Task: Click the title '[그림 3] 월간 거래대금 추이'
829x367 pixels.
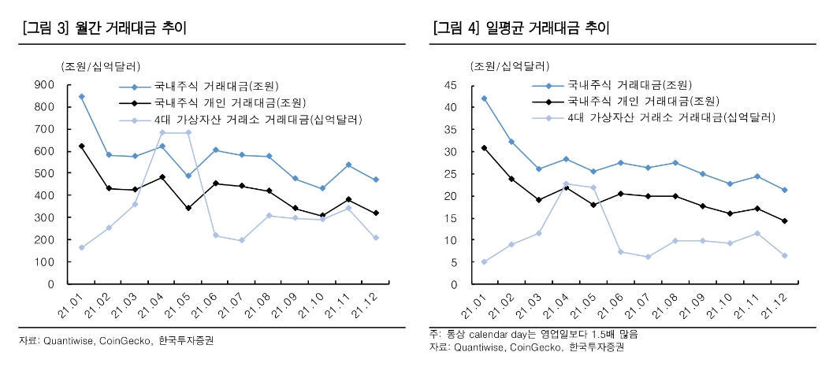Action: point(106,29)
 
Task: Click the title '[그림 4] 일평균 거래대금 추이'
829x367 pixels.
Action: point(522,29)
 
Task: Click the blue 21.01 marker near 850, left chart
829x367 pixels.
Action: point(81,96)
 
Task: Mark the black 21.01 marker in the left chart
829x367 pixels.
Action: point(81,146)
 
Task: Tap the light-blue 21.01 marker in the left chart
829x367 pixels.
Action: point(81,247)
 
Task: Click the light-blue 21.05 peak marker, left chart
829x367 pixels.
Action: point(188,132)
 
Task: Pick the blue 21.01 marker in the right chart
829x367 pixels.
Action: point(484,98)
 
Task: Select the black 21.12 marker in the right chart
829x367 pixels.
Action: point(784,221)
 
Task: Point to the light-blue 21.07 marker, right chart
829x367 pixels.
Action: point(648,257)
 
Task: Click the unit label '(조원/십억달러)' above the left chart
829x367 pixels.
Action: point(99,66)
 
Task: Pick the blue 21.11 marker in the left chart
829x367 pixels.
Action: point(349,165)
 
